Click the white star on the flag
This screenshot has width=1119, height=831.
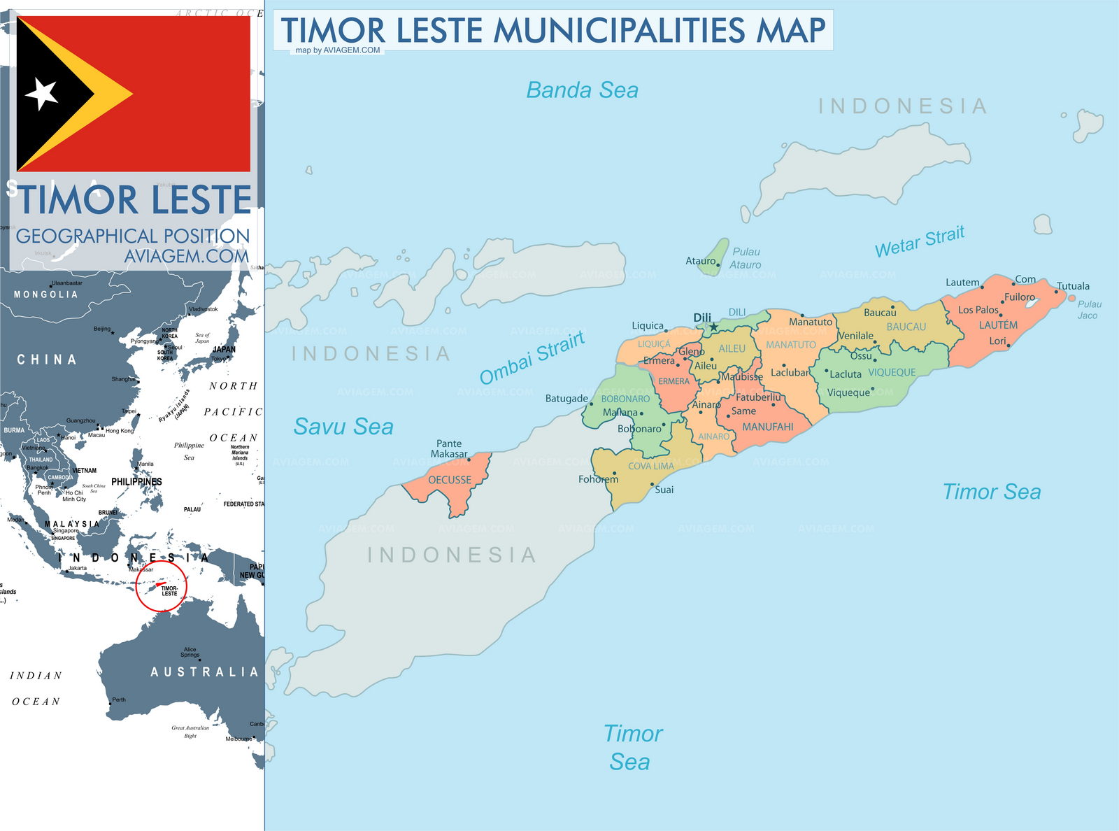41,94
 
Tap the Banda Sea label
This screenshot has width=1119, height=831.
582,90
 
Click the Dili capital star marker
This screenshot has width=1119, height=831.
713,327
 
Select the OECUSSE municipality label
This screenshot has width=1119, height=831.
450,480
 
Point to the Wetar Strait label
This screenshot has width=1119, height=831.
920,241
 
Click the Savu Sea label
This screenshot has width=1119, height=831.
343,426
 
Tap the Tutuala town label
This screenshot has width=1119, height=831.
1073,285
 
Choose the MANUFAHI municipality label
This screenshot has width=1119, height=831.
767,427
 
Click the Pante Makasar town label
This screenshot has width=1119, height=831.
448,448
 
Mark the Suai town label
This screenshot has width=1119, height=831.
664,490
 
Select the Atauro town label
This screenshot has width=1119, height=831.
700,261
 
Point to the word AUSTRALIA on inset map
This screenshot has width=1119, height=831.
204,672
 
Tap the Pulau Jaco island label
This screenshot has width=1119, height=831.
1089,309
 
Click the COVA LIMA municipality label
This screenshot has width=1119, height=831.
650,466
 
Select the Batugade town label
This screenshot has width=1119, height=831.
566,398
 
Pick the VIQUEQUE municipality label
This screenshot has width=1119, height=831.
892,372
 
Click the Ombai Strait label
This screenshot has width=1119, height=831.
532,357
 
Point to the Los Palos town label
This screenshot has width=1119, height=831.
978,310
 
